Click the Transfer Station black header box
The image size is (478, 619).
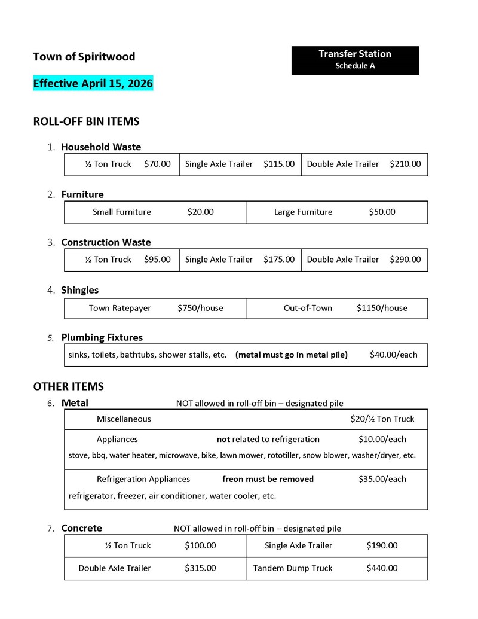355,60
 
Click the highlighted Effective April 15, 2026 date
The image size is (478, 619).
93,83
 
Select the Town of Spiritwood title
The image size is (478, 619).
84,57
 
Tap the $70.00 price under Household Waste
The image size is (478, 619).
157,164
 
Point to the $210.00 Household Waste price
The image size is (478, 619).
405,164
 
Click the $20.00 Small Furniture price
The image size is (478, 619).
200,212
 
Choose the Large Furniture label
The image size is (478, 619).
303,212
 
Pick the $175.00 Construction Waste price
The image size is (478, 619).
279,260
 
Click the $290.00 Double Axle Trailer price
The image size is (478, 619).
405,260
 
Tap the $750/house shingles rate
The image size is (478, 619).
200,308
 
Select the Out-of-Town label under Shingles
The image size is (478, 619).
308,308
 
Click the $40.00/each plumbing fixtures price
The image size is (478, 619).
393,355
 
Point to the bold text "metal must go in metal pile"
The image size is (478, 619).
292,355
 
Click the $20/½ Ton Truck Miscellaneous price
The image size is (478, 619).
382,419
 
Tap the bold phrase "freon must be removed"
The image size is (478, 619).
268,479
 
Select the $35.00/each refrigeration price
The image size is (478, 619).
382,479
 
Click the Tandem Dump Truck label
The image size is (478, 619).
293,568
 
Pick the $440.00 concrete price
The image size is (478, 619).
382,568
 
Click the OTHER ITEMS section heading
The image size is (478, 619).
68,386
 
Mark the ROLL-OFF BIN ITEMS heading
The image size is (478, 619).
86,121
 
